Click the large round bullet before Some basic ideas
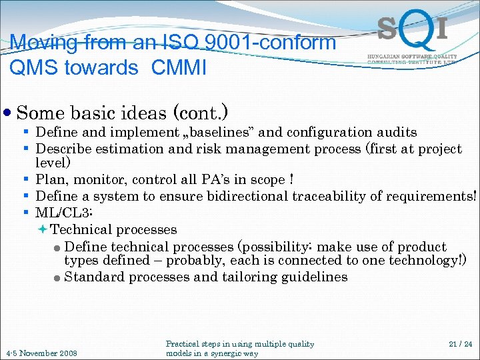[7, 113]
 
